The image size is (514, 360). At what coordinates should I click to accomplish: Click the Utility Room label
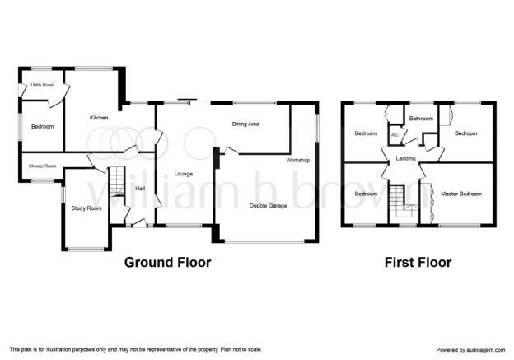click(x=43, y=85)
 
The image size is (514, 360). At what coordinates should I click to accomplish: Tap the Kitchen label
click(x=99, y=118)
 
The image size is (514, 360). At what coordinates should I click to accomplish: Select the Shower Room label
click(x=43, y=166)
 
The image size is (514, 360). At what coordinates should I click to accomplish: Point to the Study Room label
click(x=86, y=208)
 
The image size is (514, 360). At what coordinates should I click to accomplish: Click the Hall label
click(x=140, y=189)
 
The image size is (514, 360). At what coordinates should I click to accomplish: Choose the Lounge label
click(x=184, y=174)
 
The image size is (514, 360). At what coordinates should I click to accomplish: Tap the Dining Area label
click(x=245, y=124)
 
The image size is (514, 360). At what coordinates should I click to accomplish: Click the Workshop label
click(x=298, y=161)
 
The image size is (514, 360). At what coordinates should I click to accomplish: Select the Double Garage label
click(x=269, y=206)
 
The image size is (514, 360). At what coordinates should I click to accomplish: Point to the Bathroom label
click(x=421, y=119)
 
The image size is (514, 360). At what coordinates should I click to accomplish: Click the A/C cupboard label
click(x=395, y=135)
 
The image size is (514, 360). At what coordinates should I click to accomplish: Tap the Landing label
click(x=406, y=158)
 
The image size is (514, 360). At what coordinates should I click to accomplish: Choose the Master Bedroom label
click(x=461, y=194)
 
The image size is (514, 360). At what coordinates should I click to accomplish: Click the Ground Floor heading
click(x=168, y=262)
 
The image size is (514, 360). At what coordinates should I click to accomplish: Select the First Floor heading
click(x=418, y=262)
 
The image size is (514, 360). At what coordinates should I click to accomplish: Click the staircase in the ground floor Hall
click(x=117, y=181)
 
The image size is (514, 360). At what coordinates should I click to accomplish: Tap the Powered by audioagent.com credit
click(x=470, y=350)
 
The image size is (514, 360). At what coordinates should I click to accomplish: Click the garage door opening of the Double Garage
click(x=265, y=242)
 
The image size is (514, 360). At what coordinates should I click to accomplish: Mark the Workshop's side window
click(x=317, y=128)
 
